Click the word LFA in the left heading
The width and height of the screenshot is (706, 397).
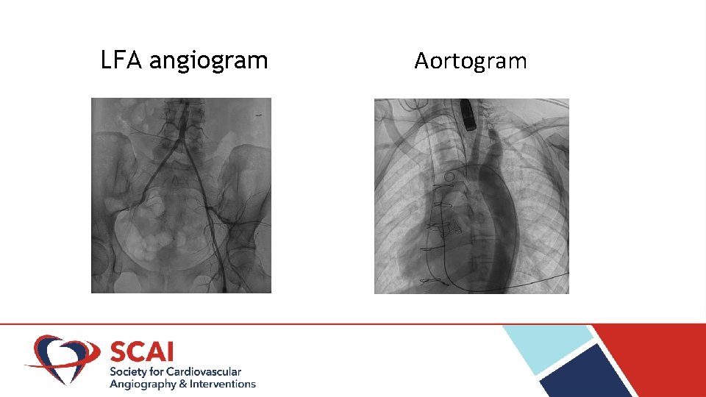[x=122, y=60]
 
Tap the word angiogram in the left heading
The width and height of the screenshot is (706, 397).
[x=208, y=60]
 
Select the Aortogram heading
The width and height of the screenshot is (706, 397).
[x=471, y=60]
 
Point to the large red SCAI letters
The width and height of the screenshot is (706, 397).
[x=142, y=351]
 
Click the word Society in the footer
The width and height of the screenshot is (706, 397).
[x=128, y=372]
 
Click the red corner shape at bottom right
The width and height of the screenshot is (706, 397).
[x=662, y=360]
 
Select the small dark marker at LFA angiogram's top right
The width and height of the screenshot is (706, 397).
[x=260, y=115]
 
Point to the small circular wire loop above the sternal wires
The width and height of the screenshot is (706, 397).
[x=449, y=177]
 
